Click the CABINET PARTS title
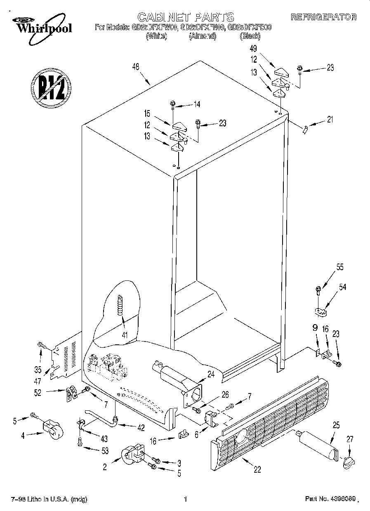click(x=185, y=17)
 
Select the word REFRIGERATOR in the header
click(x=323, y=17)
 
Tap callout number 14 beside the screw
click(x=197, y=104)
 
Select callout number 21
click(x=330, y=120)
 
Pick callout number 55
click(x=339, y=267)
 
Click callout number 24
click(x=211, y=375)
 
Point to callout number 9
click(x=315, y=329)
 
